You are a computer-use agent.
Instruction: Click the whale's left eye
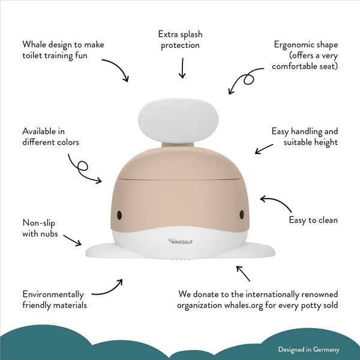point(119,215)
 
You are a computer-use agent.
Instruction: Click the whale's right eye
point(242,214)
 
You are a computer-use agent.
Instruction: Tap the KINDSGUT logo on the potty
point(180,242)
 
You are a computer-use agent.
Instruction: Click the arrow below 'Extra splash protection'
point(182,68)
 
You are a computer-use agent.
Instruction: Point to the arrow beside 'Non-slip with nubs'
point(73,240)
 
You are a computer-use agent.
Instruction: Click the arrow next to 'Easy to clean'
point(275,202)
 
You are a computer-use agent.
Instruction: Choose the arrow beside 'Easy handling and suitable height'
point(264,149)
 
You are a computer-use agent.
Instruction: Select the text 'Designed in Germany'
point(308,349)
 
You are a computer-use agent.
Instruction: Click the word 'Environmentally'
point(53,295)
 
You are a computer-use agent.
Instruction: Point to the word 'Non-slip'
point(38,223)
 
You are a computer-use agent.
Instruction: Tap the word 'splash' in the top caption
point(191,34)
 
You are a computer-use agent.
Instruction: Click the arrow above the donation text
point(243,274)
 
